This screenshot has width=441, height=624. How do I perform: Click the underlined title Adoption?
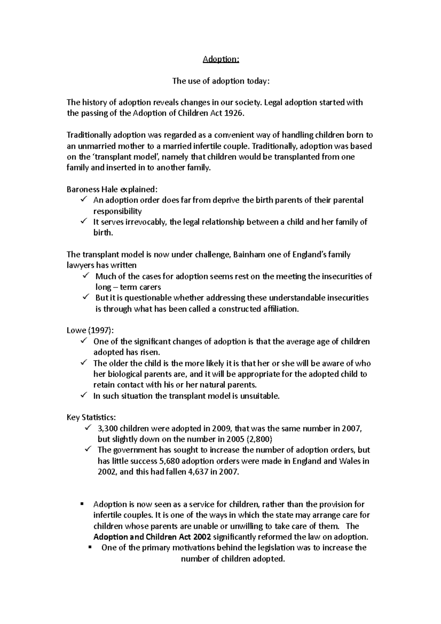[221, 59]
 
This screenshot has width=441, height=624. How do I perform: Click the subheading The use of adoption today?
[221, 81]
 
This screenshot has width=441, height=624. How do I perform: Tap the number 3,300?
[108, 428]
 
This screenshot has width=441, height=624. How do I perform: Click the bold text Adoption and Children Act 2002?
[152, 537]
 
